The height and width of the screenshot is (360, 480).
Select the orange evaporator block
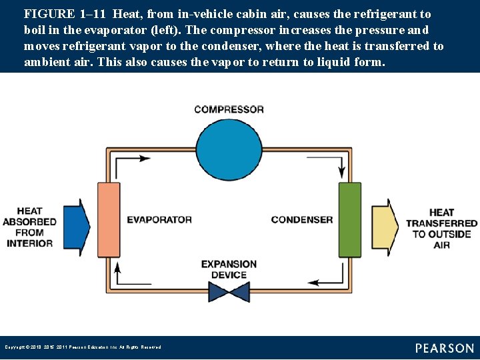109,219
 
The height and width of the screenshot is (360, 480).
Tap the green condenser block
349,219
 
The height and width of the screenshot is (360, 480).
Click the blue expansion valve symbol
229,291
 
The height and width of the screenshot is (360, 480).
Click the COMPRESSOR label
229,109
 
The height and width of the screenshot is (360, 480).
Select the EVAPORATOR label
159,219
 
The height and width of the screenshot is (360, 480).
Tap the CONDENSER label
301,219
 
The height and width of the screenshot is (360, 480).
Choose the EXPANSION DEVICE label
229,269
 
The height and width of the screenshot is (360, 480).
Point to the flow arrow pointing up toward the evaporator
118,269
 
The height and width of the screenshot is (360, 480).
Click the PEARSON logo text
444,348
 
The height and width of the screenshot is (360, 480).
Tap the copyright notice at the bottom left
83,347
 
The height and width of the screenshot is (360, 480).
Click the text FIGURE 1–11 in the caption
64,14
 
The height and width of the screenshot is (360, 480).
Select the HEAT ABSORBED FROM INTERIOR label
30,227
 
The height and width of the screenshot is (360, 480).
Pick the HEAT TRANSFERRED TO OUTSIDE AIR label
441,229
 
